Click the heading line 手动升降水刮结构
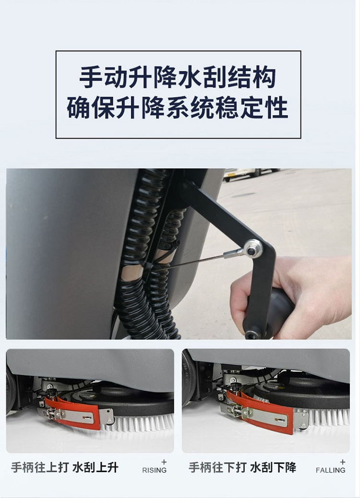(x=177, y=77)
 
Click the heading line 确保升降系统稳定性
(x=177, y=108)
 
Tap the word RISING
(x=154, y=470)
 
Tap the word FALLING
(x=330, y=470)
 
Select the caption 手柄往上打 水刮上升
(x=65, y=467)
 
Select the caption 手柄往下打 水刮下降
(x=242, y=467)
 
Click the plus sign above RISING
(x=164, y=462)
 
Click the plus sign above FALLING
(x=343, y=462)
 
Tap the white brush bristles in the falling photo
(x=324, y=416)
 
